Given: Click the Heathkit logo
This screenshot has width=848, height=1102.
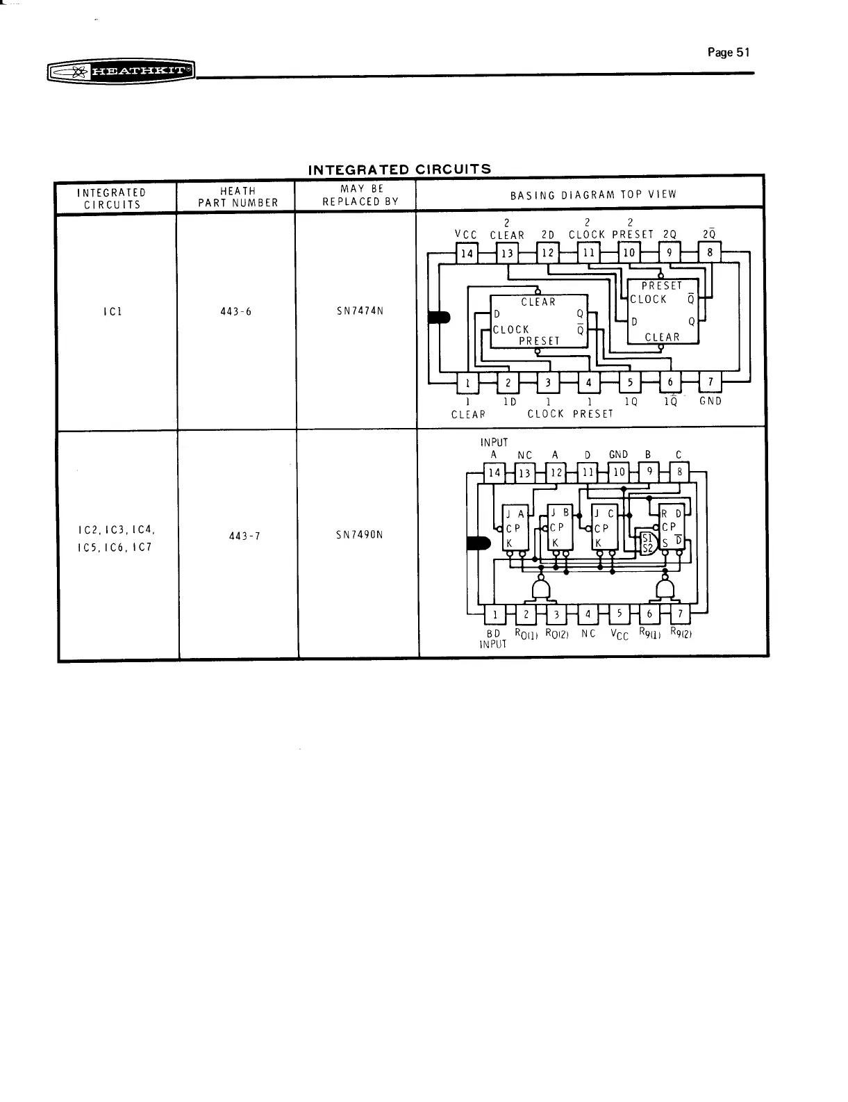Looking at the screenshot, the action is pyautogui.click(x=122, y=72).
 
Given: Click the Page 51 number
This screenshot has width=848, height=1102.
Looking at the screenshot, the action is pyautogui.click(x=729, y=52).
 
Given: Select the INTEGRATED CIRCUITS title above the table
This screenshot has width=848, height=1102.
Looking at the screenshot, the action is pyautogui.click(x=399, y=170).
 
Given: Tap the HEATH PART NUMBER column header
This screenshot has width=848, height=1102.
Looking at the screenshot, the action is pyautogui.click(x=238, y=197).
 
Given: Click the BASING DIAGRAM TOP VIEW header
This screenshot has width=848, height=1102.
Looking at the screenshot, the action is pyautogui.click(x=593, y=195).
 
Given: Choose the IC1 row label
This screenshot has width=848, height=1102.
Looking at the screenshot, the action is pyautogui.click(x=113, y=311).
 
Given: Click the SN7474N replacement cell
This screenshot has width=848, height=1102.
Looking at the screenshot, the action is pyautogui.click(x=360, y=311).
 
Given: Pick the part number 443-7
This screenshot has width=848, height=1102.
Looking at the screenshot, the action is pyautogui.click(x=244, y=536).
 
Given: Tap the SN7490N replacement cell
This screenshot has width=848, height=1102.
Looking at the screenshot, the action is pyautogui.click(x=360, y=535).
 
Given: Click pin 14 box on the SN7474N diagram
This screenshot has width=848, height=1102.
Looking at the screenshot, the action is pyautogui.click(x=467, y=254).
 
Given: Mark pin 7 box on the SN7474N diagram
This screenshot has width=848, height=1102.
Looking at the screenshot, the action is pyautogui.click(x=710, y=381).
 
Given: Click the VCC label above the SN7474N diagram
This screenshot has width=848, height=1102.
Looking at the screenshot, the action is pyautogui.click(x=466, y=235).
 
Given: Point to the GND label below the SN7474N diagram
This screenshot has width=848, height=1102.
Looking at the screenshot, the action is pyautogui.click(x=710, y=401).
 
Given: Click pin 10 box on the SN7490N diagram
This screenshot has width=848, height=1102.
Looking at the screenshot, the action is pyautogui.click(x=619, y=472).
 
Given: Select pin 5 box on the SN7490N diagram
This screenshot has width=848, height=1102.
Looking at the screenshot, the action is pyautogui.click(x=619, y=614).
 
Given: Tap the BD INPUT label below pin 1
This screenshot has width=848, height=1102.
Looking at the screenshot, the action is pyautogui.click(x=493, y=639).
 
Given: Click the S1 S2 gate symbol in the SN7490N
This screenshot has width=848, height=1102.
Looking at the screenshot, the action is pyautogui.click(x=648, y=543).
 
